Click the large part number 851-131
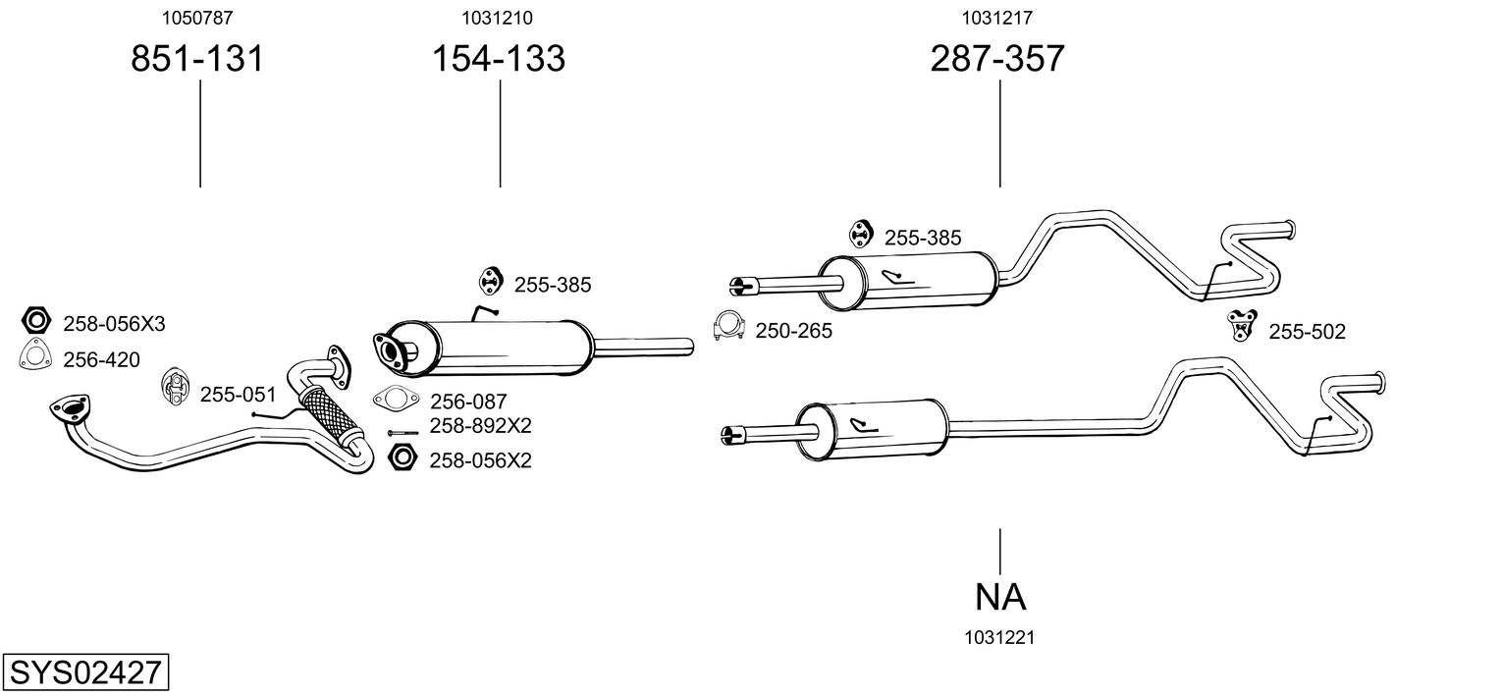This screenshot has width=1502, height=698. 197,59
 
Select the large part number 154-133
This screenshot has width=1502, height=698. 500,59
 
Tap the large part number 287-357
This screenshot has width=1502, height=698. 997,59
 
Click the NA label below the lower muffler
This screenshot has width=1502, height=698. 1000,596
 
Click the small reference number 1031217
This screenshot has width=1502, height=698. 997,17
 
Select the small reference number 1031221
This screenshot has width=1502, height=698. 1000,637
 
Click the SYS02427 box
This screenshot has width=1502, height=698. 84,673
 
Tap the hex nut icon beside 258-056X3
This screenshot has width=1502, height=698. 36,321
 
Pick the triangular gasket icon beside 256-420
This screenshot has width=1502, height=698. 35,357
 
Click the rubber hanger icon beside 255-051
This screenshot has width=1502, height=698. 175,388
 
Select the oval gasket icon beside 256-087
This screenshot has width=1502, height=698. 395,400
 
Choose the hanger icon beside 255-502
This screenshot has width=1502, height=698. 1242,324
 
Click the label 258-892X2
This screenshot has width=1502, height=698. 480,426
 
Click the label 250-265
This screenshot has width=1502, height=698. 793,331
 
